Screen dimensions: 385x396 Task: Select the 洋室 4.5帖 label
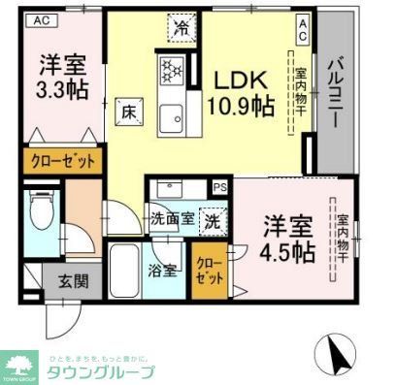pos(288,241)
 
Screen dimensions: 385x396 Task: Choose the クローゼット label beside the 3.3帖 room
pos(60,163)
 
